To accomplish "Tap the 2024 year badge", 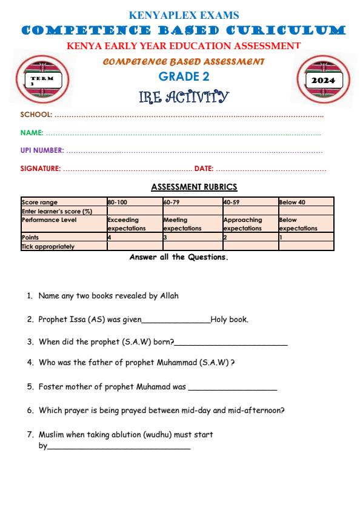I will (x=319, y=80).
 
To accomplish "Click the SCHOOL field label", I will (x=36, y=114).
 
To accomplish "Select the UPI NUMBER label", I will (x=42, y=150).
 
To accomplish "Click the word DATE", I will (x=203, y=168).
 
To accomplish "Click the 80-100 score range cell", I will (x=118, y=202).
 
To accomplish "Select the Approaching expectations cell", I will (x=242, y=224).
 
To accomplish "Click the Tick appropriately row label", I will (x=48, y=246).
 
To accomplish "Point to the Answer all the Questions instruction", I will (x=179, y=257).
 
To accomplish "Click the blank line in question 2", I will (x=176, y=321).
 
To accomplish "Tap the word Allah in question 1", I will (x=169, y=297).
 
